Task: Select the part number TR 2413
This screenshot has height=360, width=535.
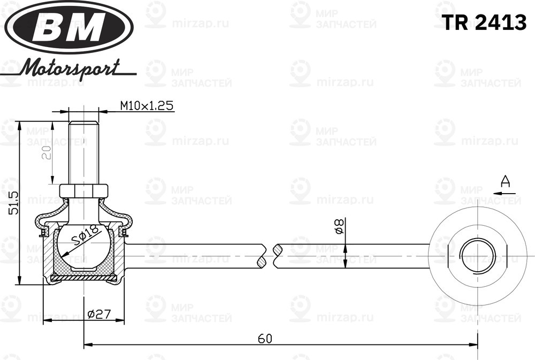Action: (483, 22)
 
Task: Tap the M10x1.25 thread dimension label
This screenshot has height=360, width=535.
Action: (146, 105)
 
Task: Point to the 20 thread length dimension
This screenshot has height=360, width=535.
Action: (47, 153)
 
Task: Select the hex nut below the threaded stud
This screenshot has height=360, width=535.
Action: (84, 190)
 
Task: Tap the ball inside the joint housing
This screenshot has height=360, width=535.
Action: (84, 246)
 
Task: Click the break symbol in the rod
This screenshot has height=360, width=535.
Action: (269, 256)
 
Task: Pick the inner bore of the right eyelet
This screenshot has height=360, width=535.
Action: (477, 255)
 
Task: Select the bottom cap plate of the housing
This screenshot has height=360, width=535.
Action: (84, 278)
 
